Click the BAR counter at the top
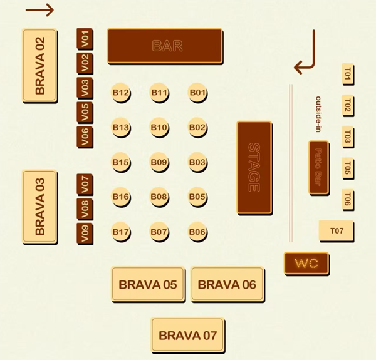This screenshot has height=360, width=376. pyautogui.click(x=165, y=46)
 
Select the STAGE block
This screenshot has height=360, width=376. pyautogui.click(x=254, y=167)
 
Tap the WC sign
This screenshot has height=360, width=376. pyautogui.click(x=306, y=263)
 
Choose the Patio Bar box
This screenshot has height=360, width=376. pyautogui.click(x=318, y=167)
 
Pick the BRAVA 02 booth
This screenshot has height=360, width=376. pyautogui.click(x=40, y=65)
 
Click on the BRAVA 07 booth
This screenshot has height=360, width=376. pyautogui.click(x=188, y=335)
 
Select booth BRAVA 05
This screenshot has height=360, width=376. pyautogui.click(x=148, y=285)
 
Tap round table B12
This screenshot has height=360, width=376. pyautogui.click(x=121, y=93)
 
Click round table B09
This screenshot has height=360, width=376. pyautogui.click(x=159, y=163)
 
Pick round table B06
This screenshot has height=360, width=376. pyautogui.click(x=197, y=232)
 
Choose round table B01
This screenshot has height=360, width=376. pyautogui.click(x=197, y=93)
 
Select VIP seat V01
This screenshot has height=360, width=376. pyautogui.click(x=85, y=39)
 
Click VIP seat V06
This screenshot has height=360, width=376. pyautogui.click(x=85, y=135)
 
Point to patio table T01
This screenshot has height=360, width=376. pyautogui.click(x=348, y=76)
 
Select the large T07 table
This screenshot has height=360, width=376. pyautogui.click(x=337, y=231)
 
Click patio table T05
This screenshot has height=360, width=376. pyautogui.click(x=348, y=168)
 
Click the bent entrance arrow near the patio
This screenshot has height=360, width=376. pyautogui.click(x=306, y=55)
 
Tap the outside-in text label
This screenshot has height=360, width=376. pyautogui.click(x=318, y=115)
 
